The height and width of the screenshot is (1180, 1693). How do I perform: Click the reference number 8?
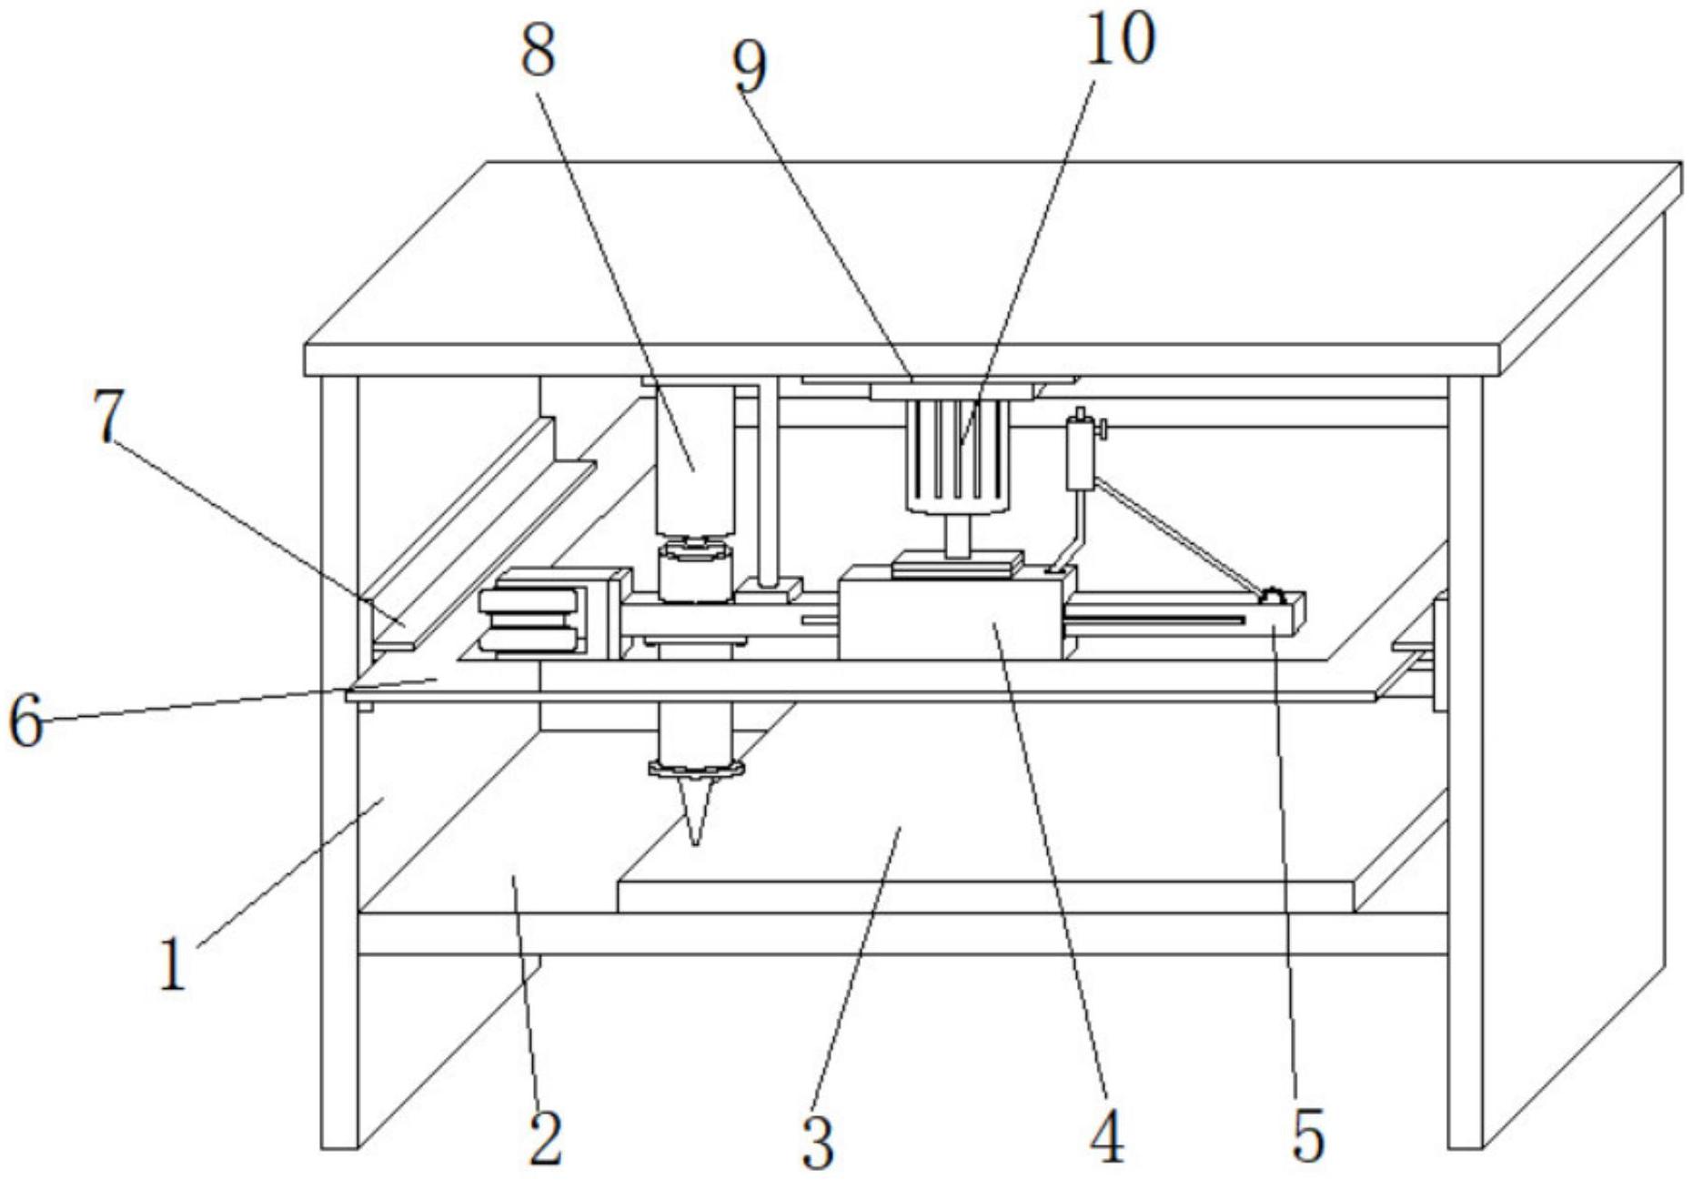tap(538, 51)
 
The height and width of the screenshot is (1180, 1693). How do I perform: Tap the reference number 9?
tap(750, 68)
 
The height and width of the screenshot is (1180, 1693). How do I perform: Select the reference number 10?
tap(1120, 40)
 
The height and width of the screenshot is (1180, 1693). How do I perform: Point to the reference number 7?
tap(108, 417)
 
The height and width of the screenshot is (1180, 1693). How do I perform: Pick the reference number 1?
tap(172, 964)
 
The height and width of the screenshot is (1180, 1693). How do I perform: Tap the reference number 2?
tap(545, 1137)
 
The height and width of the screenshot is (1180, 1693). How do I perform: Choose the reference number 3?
tap(818, 1143)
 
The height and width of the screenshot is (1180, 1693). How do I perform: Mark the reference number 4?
tap(1107, 1137)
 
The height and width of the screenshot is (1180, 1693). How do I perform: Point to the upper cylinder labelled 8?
tap(695, 459)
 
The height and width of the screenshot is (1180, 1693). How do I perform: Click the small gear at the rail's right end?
tap(1270, 597)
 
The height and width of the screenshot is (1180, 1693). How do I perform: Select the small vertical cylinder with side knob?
tap(1080, 453)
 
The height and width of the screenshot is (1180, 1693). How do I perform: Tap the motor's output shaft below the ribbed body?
tap(956, 535)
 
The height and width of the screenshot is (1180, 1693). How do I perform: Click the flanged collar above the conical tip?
tap(696, 770)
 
